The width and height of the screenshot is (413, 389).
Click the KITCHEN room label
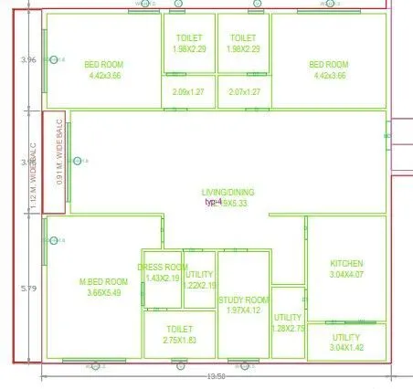click(346, 263)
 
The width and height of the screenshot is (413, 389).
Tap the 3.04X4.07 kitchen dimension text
click(346, 274)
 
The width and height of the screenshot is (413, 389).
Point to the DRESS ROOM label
click(163, 268)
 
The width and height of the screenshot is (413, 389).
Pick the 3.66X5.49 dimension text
click(105, 292)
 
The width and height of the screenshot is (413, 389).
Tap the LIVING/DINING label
click(228, 192)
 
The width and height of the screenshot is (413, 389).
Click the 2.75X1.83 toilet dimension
click(178, 340)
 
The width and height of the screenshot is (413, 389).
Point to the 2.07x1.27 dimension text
click(245, 91)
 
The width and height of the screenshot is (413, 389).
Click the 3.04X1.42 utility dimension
click(346, 348)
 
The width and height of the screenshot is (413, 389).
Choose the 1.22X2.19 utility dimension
click(199, 285)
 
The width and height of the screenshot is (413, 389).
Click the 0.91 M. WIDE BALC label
click(58, 162)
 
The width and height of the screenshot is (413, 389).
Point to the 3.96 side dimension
click(28, 60)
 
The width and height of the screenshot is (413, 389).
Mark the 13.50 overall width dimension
click(217, 375)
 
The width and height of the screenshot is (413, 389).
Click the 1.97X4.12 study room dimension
click(243, 311)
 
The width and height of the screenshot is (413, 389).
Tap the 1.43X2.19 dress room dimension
click(163, 278)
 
